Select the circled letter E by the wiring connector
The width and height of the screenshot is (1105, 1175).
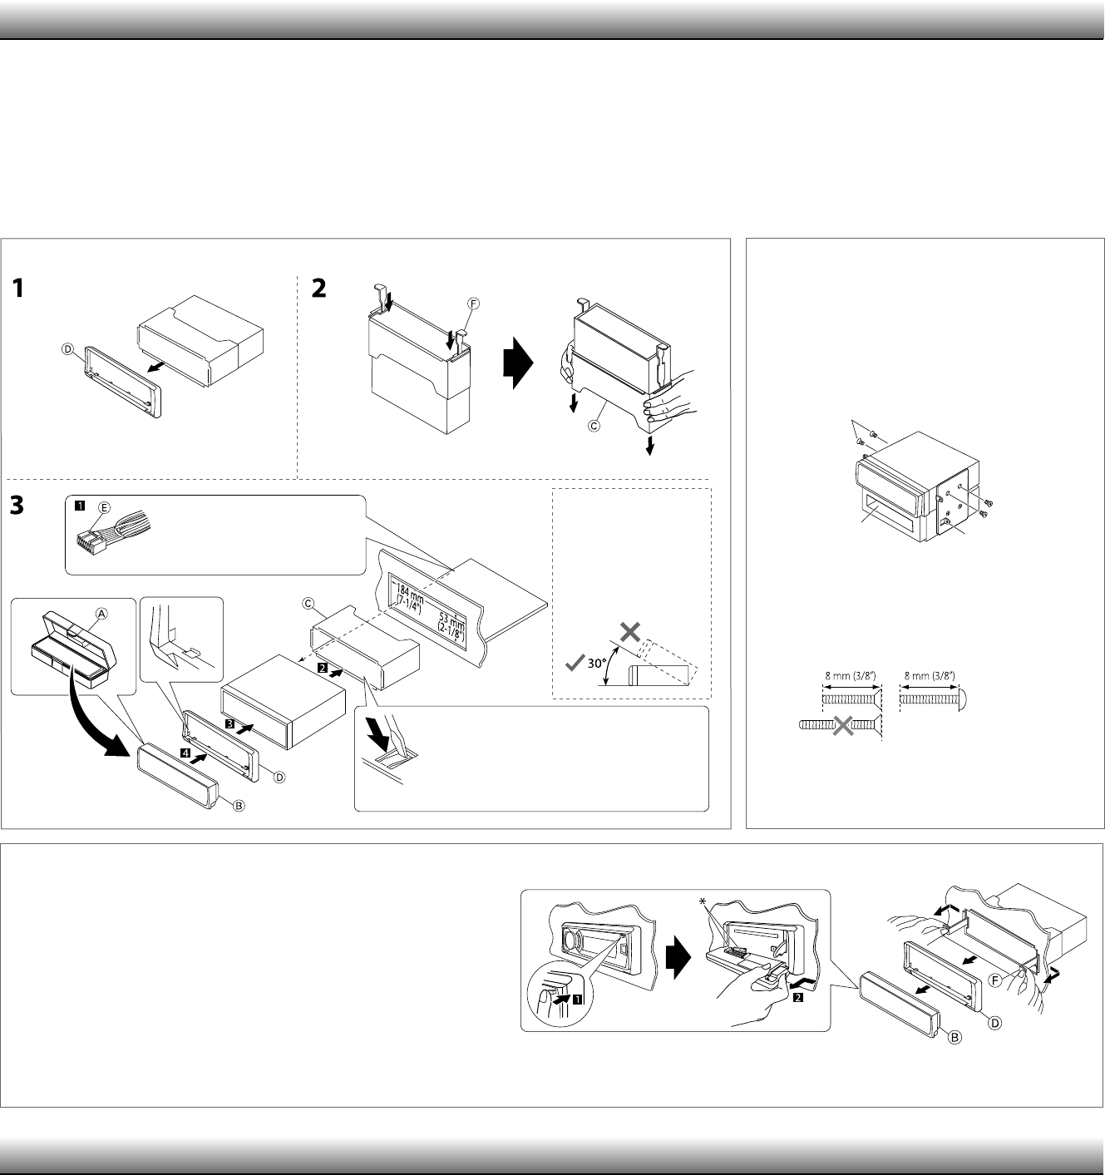(x=104, y=506)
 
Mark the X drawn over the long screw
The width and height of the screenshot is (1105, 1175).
(x=842, y=726)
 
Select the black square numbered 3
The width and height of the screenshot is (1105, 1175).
(x=229, y=724)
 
